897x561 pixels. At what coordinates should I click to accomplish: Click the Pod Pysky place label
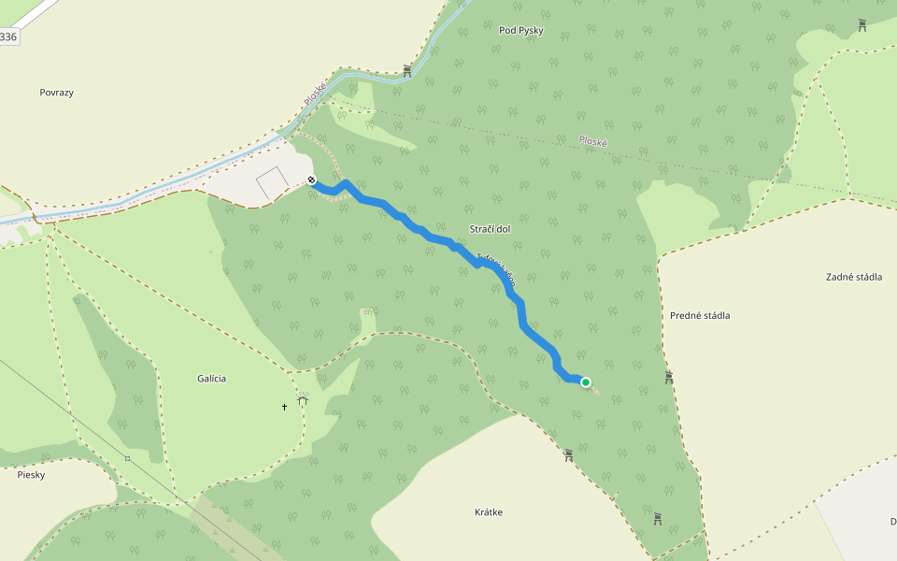click(x=520, y=31)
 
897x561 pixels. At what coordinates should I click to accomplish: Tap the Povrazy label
click(x=57, y=93)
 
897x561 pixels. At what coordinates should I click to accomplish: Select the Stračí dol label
click(x=490, y=229)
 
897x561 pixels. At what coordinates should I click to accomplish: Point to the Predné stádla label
click(x=700, y=315)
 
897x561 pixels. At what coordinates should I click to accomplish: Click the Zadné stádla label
click(x=854, y=277)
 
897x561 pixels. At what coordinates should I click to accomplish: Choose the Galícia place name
click(x=212, y=379)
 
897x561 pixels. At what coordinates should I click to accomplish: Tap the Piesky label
click(x=31, y=474)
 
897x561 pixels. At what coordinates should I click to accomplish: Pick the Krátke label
click(x=489, y=511)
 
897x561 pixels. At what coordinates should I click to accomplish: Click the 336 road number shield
click(x=8, y=37)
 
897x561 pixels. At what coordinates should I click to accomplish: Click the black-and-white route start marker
click(x=311, y=180)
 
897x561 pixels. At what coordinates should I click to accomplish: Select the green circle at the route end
click(x=586, y=381)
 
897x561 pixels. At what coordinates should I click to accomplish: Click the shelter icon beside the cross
click(x=302, y=400)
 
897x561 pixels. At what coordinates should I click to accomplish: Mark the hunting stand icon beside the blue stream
click(x=407, y=69)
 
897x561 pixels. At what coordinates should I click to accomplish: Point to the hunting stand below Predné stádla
click(x=669, y=377)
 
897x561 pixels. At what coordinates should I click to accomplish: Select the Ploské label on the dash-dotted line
click(x=592, y=141)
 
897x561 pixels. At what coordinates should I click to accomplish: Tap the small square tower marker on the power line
click(x=127, y=458)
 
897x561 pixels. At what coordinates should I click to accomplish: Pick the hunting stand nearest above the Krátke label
click(x=568, y=454)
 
